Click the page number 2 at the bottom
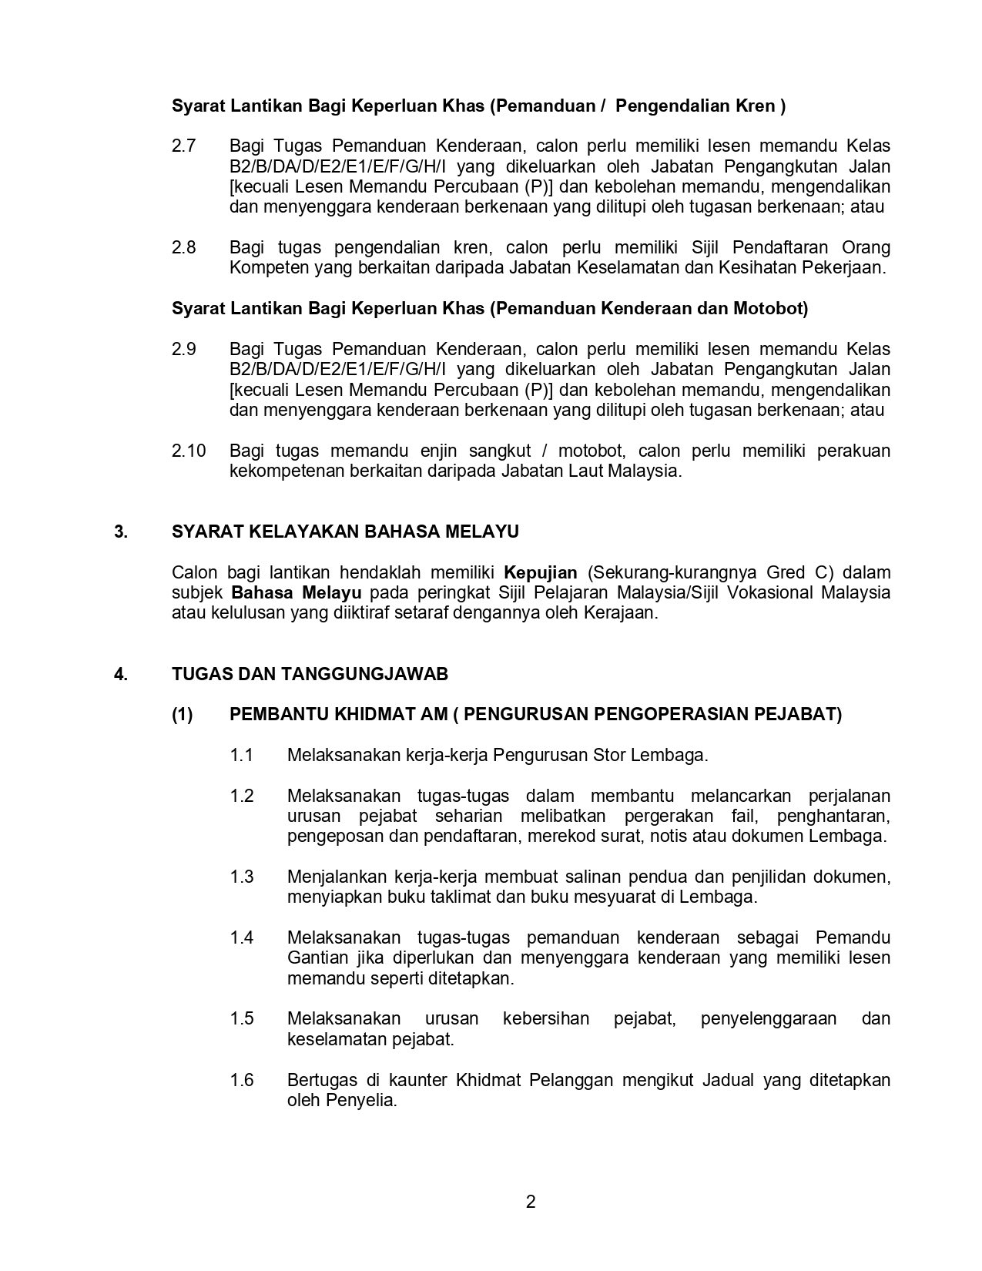pos(531,1202)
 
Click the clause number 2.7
pos(184,146)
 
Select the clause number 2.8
pos(184,247)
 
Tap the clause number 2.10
pos(189,451)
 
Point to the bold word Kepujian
pos(540,572)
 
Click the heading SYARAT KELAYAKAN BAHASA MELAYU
pos(345,532)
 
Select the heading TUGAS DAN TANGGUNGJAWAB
pos(310,675)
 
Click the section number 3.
pos(120,532)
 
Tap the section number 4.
pos(120,675)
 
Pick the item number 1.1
pos(242,755)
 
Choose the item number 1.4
pos(242,937)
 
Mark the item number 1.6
pos(242,1080)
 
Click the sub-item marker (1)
pos(183,715)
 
